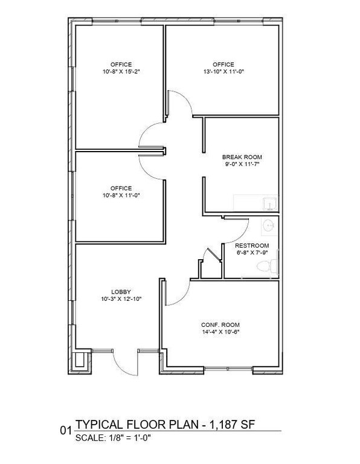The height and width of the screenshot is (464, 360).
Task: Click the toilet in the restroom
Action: pos(267,266)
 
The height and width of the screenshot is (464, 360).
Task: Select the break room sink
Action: pos(270,204)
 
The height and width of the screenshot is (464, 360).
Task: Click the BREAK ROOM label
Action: pos(242,157)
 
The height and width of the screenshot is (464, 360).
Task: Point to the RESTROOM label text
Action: pos(252,246)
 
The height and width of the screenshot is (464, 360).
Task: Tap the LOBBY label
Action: pos(121,292)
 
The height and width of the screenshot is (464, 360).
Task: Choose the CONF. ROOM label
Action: pos(220,324)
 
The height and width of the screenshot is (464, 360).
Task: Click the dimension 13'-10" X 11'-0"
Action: pos(223,71)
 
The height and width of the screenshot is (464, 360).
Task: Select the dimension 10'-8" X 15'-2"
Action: pos(121,71)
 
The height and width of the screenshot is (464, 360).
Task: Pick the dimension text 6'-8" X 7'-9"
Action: pos(252,253)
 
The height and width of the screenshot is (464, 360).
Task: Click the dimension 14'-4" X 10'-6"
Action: pos(220,332)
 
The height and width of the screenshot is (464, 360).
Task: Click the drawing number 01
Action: pos(66,430)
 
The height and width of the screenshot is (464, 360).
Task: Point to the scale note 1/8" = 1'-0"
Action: pos(129,437)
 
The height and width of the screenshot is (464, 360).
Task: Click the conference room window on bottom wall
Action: pos(228,369)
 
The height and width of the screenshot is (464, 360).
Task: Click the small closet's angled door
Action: pos(214,254)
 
